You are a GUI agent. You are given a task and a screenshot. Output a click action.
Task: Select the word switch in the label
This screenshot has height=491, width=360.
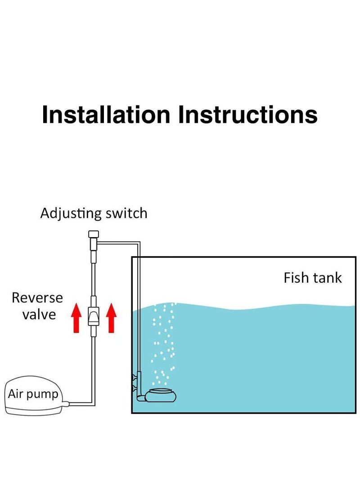point(126,213)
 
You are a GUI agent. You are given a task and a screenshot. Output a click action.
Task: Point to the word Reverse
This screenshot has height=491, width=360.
point(37,297)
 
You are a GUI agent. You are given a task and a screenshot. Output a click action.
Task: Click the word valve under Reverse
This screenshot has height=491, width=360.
point(39,314)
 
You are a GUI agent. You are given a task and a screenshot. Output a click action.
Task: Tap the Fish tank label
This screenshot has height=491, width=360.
point(312,278)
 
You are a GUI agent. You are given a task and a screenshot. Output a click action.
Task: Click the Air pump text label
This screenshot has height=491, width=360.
point(33,394)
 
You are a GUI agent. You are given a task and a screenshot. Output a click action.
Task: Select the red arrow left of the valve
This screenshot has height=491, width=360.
point(76,318)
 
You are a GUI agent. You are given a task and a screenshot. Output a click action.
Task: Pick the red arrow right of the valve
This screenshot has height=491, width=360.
point(111,318)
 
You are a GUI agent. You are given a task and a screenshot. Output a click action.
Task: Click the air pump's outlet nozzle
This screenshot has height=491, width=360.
point(66,403)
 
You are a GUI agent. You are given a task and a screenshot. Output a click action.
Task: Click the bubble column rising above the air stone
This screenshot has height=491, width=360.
point(163,342)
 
